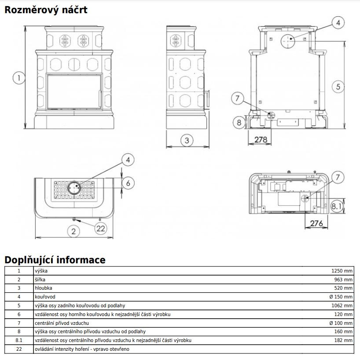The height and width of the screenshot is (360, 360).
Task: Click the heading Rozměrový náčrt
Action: click(x=46, y=10)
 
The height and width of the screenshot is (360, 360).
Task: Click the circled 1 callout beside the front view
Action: click(x=19, y=78)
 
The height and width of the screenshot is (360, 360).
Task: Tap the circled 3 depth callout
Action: click(x=187, y=140)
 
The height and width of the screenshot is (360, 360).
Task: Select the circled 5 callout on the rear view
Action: click(x=338, y=87)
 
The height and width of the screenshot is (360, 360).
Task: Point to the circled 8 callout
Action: click(x=239, y=122)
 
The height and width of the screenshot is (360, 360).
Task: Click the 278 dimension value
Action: click(x=261, y=139)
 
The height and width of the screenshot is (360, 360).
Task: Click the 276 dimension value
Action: click(x=316, y=223)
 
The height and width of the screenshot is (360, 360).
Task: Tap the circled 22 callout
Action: click(x=101, y=229)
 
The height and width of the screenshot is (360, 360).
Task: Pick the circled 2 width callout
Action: click(x=73, y=231)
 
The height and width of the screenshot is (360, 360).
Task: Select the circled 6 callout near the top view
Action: click(x=128, y=183)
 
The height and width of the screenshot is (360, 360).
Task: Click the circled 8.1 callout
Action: click(x=337, y=206)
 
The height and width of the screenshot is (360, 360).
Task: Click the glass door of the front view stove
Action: click(x=74, y=91)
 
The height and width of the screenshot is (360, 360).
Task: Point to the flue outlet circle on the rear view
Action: click(x=287, y=41)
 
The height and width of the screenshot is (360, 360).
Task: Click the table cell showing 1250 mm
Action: click(x=342, y=271)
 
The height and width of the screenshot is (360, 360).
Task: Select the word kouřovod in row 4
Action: click(x=45, y=297)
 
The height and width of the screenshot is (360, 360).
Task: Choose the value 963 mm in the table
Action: click(x=343, y=280)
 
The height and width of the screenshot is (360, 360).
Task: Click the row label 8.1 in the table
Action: click(x=19, y=340)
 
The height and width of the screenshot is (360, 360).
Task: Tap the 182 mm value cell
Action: click(x=343, y=340)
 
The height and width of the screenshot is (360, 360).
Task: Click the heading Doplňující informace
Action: click(x=55, y=260)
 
